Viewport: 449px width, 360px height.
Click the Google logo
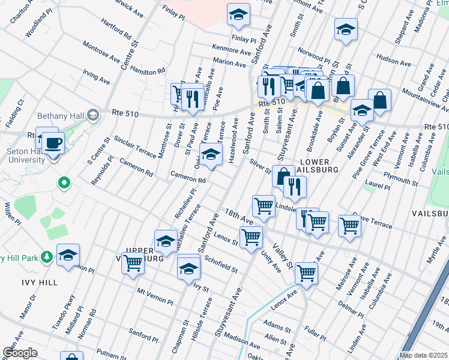19,353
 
